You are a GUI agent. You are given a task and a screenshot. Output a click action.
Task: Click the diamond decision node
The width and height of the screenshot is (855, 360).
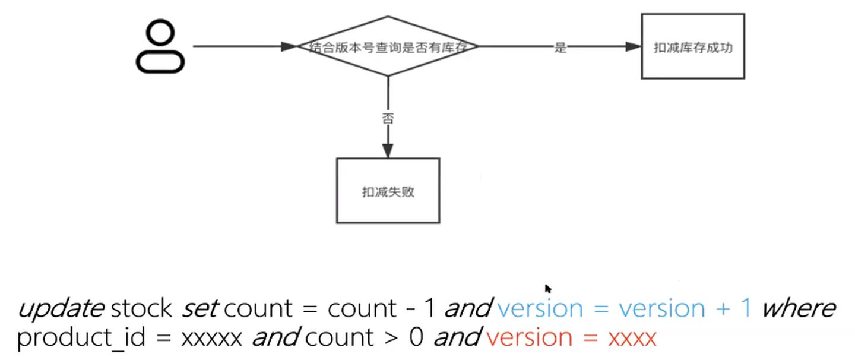[388, 47]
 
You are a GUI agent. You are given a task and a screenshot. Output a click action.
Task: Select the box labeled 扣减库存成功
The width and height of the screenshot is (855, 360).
[692, 47]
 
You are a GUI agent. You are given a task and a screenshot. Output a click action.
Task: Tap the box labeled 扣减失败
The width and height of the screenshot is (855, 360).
[388, 191]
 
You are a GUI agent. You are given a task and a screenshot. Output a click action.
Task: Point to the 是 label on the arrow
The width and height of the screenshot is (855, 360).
[560, 48]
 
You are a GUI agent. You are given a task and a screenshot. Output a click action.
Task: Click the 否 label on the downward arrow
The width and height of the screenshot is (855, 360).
[388, 118]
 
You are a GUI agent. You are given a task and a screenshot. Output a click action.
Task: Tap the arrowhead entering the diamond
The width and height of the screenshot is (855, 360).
[289, 47]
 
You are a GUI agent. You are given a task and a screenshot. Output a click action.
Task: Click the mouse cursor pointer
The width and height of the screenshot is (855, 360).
[548, 289]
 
